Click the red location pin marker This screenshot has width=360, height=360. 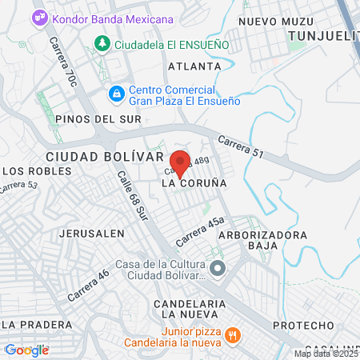coord(180,162)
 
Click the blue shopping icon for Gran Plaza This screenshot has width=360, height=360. coord(117,94)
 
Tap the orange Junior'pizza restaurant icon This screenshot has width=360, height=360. coord(231,335)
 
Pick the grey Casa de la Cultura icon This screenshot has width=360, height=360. coord(218,267)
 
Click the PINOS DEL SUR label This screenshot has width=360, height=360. coord(98,119)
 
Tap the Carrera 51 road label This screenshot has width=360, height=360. coord(239,145)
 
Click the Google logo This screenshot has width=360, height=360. coord(26,350)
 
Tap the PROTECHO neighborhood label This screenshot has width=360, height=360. coord(302,326)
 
